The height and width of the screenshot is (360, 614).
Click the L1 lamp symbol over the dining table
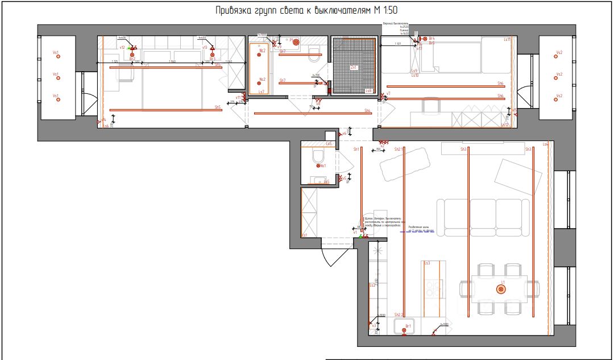point(501,289)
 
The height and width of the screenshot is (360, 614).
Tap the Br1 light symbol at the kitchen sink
point(405,329)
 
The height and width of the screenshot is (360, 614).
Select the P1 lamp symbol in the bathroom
point(296,42)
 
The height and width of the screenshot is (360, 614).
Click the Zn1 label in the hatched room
point(354,68)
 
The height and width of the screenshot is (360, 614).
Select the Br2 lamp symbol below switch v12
point(132,55)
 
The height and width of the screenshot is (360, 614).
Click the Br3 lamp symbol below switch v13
point(211,55)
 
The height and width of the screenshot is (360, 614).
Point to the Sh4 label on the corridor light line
point(367,110)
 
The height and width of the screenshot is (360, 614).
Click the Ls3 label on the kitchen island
point(426,263)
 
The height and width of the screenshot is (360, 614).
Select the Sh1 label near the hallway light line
point(356,149)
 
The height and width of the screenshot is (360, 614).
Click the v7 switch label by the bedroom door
point(389,93)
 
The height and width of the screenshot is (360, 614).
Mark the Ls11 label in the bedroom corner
point(507,40)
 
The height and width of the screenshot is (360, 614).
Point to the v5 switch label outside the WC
point(345,178)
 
